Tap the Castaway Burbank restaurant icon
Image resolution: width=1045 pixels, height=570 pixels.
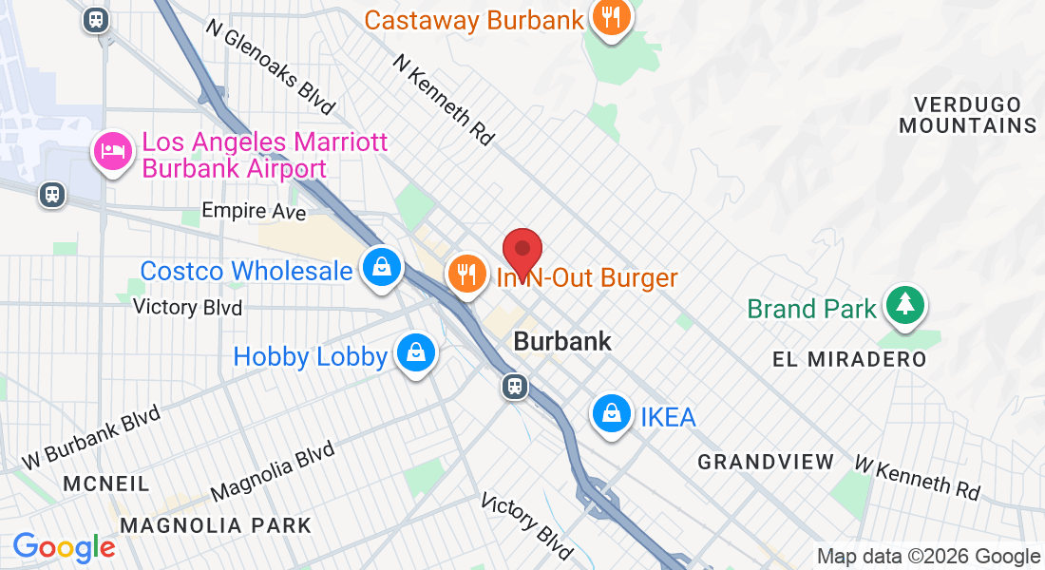(x=611, y=17)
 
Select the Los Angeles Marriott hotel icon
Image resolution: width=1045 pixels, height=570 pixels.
(x=112, y=151)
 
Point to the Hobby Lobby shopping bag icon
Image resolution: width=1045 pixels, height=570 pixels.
(x=416, y=352)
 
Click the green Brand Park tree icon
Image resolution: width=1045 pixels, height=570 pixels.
(x=905, y=305)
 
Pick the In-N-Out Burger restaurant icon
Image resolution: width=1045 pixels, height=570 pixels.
(x=465, y=274)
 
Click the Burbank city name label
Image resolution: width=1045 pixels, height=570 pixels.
(x=562, y=340)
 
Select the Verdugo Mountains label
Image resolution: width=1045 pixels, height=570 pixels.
(x=968, y=114)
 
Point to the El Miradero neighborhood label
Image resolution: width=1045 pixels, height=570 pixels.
(x=849, y=359)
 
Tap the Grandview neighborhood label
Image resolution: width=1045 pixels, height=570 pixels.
(x=766, y=462)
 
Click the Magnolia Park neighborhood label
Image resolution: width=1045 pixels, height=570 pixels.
(x=217, y=525)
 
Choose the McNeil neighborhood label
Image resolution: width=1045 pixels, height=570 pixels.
(x=106, y=484)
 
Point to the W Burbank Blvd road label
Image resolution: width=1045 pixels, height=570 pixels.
(x=91, y=438)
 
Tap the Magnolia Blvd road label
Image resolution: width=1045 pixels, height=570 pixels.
(x=273, y=471)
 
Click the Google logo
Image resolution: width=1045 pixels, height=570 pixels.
(x=65, y=547)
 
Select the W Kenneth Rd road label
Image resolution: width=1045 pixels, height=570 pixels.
(x=917, y=476)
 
